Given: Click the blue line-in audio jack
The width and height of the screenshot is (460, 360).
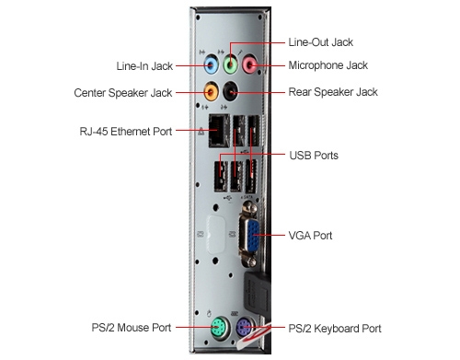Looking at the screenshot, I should [x=210, y=65].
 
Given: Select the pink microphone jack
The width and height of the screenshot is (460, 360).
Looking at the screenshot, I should [x=249, y=64].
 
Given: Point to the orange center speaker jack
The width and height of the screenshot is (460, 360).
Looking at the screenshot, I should [x=212, y=91].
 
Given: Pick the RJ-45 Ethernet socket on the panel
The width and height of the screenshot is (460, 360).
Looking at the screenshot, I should [x=217, y=133].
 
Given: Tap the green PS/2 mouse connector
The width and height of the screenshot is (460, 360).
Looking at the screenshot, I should [x=218, y=328].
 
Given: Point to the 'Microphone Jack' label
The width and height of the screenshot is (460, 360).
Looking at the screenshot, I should [x=328, y=65].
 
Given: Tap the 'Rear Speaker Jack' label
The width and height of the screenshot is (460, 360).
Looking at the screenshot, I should [x=332, y=93].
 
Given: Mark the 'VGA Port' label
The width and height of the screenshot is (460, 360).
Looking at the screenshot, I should [x=310, y=237].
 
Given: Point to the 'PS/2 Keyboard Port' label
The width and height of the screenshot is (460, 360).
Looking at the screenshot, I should [x=334, y=328].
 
